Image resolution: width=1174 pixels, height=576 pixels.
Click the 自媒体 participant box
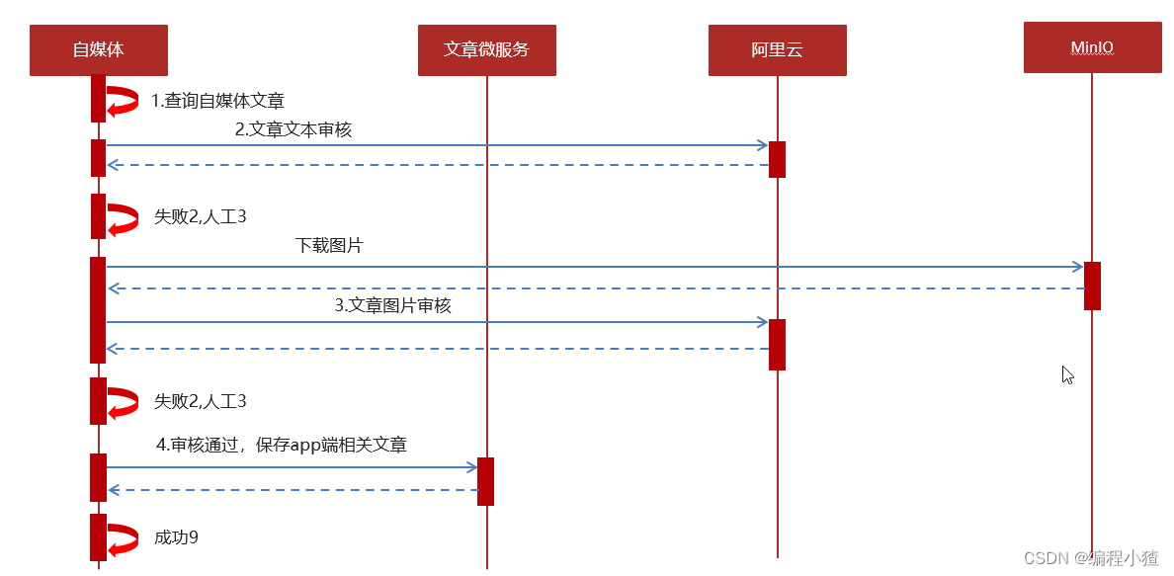point(98,49)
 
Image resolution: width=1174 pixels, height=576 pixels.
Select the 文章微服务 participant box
point(486,49)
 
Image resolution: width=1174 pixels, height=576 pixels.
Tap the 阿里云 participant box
point(777,49)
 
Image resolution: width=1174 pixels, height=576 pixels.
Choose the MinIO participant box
point(1092,47)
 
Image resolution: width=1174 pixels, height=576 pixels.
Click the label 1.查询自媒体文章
point(217,101)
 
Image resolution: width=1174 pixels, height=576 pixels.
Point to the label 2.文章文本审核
point(293,129)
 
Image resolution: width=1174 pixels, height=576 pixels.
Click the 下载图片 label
point(329,246)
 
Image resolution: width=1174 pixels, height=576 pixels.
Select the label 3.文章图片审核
point(392,306)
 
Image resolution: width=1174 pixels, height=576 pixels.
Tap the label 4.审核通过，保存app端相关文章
point(282,446)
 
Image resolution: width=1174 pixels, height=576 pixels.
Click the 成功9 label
point(176,538)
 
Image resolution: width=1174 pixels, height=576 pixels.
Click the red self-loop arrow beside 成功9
point(123,539)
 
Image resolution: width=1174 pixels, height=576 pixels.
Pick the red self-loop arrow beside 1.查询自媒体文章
point(123,101)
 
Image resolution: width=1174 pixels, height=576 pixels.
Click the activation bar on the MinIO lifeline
point(1092,286)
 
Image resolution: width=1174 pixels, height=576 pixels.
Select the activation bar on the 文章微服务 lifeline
point(485,481)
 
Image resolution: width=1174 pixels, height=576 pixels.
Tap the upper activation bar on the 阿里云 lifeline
point(777,159)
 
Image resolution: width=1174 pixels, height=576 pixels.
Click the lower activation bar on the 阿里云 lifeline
point(777,344)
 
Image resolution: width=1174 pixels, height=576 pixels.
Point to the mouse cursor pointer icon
point(1067,374)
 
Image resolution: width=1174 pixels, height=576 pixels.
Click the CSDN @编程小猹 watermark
point(1090,558)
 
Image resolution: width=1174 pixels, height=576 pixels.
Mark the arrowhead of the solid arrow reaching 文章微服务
point(471,467)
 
